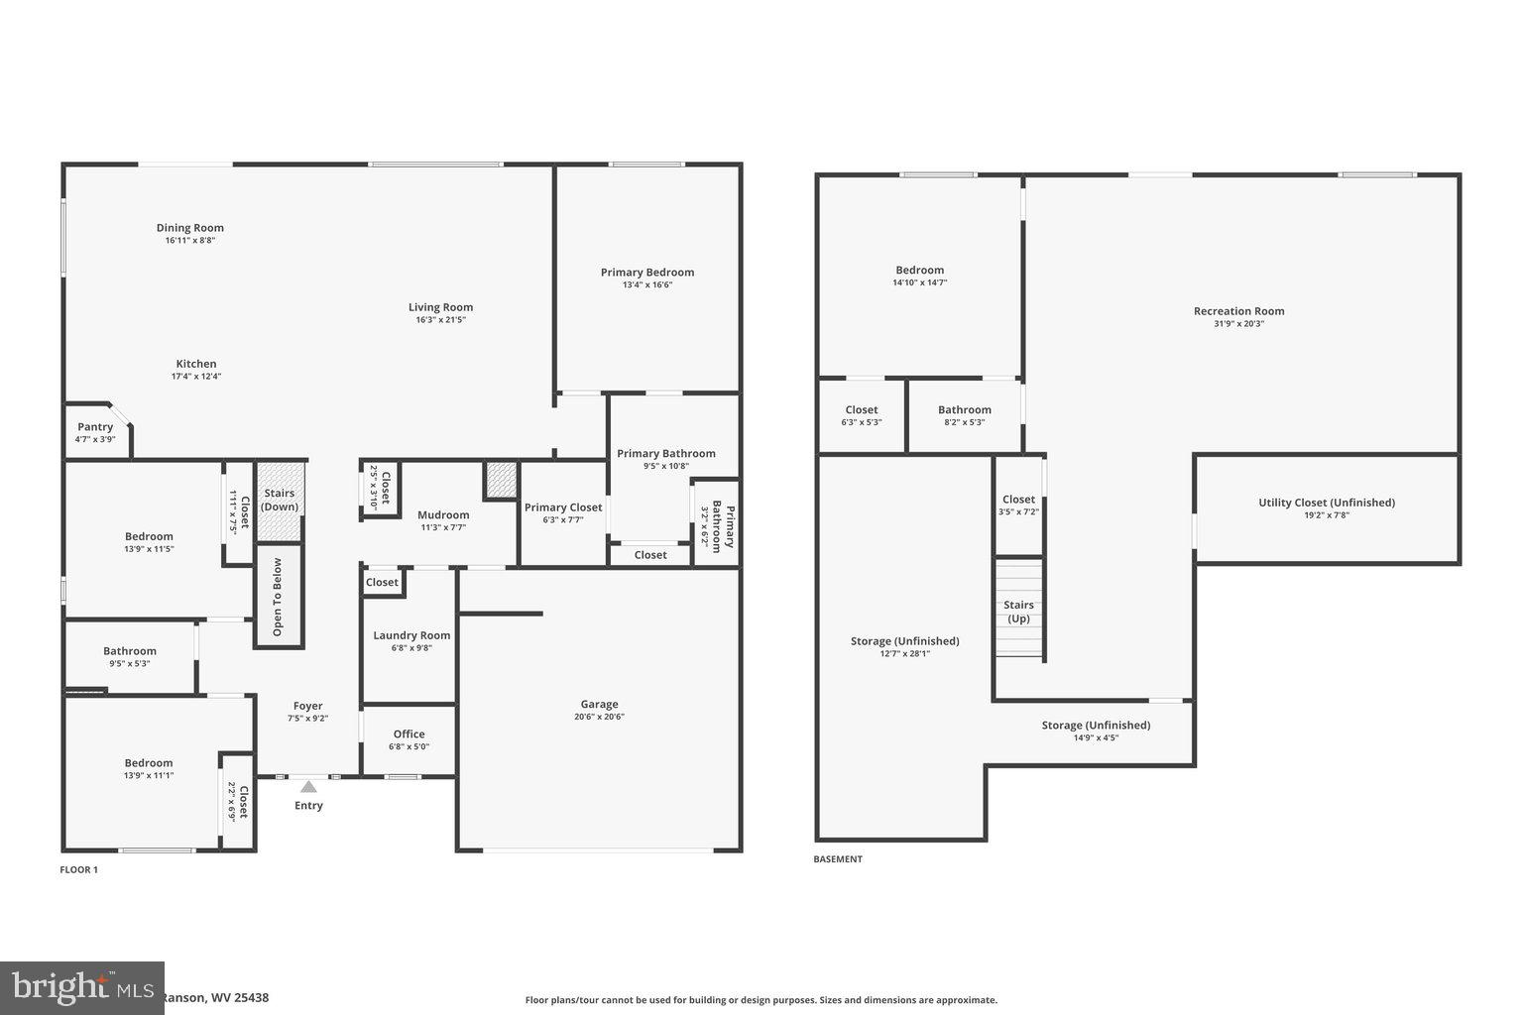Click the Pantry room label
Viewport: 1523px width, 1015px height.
coord(95,427)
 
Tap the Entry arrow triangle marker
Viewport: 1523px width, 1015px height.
coord(308,787)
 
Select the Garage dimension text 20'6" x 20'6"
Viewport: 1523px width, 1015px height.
coord(599,717)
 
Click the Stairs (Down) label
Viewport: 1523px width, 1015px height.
coord(280,500)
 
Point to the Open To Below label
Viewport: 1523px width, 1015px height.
coord(278,597)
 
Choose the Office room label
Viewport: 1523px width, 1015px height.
coord(409,734)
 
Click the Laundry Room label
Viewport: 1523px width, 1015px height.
coord(411,635)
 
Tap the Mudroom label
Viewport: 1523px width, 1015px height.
coord(443,514)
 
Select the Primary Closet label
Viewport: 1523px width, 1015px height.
coord(563,507)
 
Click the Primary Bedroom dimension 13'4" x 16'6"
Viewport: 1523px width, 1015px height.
coord(647,285)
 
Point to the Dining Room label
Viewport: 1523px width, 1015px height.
coord(190,228)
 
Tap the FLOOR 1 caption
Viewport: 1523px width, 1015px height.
coord(79,870)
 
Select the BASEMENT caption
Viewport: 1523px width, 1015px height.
coord(838,859)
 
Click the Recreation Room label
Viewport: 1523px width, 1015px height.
coord(1238,311)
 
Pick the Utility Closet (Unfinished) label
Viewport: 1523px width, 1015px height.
coord(1327,503)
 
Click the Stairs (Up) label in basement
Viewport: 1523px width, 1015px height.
coord(1018,612)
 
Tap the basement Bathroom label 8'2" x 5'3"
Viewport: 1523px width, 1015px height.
coord(965,409)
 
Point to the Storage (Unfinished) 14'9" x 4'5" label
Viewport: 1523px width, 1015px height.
coord(1096,726)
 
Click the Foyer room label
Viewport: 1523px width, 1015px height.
coord(307,706)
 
